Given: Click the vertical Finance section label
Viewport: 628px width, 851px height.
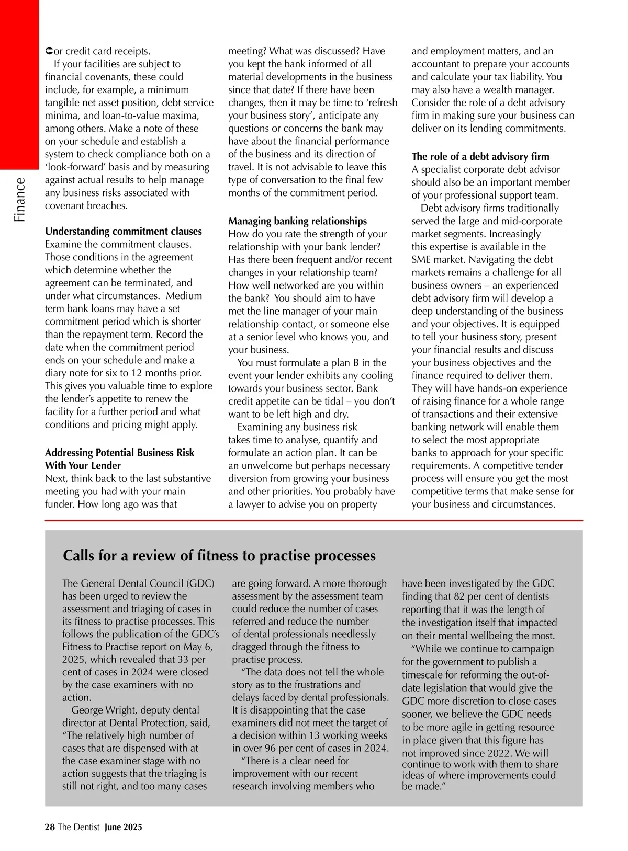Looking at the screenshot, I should (19, 200).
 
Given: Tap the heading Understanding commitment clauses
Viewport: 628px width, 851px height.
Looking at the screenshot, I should (123, 231).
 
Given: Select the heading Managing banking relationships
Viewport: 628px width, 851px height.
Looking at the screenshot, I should (297, 221).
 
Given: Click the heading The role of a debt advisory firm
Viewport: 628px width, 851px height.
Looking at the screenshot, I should (480, 156).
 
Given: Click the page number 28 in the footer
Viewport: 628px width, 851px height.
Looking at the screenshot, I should (50, 827).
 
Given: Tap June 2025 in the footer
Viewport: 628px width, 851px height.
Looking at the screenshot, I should (123, 827).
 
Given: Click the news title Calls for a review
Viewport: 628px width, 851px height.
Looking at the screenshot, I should (219, 555).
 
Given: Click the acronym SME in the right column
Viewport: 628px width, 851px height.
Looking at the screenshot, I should (423, 260).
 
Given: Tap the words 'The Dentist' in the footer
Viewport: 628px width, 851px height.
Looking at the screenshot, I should (78, 827).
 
